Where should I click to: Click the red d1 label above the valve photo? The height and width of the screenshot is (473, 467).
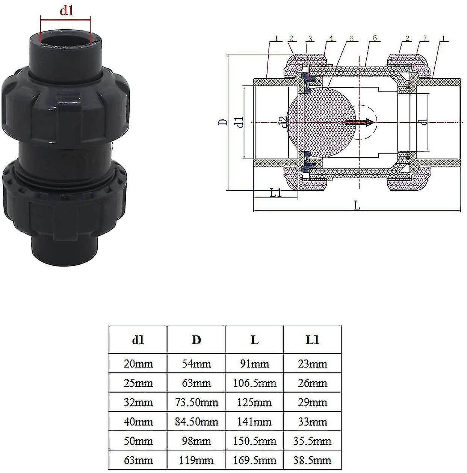[x=66, y=11]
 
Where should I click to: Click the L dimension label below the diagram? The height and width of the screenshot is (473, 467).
[x=357, y=205]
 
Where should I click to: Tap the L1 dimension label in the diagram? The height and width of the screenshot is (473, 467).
[x=276, y=193]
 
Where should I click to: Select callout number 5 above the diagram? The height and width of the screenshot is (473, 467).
[x=352, y=38]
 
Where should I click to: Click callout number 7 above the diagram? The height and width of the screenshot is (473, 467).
[x=425, y=38]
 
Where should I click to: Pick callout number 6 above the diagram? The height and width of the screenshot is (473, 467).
[x=375, y=38]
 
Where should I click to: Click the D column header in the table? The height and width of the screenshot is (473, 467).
[x=196, y=340]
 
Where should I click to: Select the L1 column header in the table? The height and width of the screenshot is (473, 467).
[x=312, y=340]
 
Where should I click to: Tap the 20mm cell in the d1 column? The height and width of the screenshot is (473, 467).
[x=138, y=363]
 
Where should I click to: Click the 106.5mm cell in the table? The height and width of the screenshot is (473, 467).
[x=254, y=383]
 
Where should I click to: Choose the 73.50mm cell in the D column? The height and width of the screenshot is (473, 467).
[x=196, y=402]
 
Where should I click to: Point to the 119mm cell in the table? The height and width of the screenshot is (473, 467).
[x=196, y=460]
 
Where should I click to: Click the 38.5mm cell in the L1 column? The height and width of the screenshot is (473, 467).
[x=312, y=460]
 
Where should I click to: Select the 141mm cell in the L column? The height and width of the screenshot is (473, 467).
[x=254, y=422]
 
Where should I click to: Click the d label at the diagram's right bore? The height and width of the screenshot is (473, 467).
[x=423, y=122]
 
